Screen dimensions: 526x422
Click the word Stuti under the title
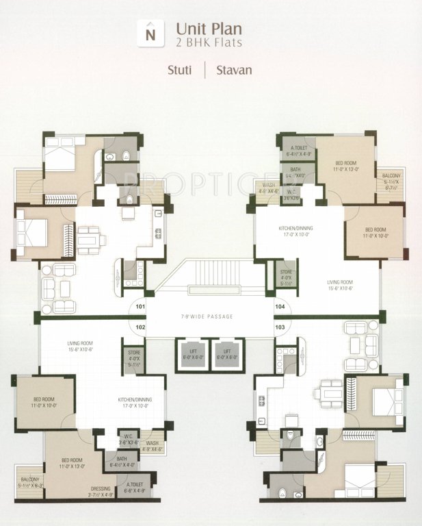[181, 70]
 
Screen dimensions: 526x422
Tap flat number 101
[140, 308]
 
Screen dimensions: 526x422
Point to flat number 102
[140, 327]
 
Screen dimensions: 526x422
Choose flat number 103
[280, 327]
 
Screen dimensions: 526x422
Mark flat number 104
[280, 308]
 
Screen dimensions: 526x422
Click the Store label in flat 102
[134, 358]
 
